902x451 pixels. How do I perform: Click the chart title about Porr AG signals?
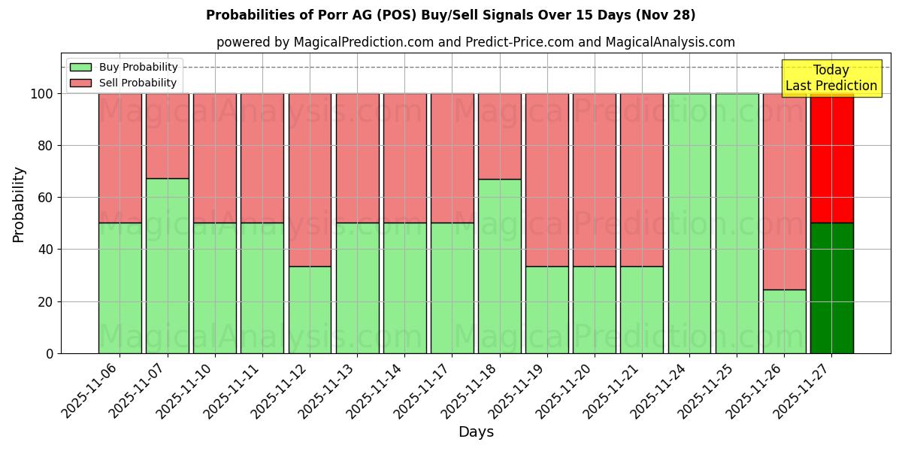coord(450,15)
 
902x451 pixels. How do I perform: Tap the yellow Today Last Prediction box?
coord(831,78)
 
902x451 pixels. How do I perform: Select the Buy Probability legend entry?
coord(124,67)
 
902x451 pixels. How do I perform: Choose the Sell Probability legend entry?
coord(124,83)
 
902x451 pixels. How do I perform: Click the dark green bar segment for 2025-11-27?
coord(831,288)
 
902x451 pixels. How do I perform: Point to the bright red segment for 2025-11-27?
coord(831,158)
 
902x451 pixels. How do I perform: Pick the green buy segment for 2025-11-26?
coord(784,321)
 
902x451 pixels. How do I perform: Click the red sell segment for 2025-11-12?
coord(310,180)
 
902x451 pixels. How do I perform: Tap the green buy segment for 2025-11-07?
coord(167,265)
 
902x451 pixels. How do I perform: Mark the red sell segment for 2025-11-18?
coord(499,136)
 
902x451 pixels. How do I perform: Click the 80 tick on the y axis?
coord(47,146)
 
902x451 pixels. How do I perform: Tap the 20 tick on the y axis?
coord(47,301)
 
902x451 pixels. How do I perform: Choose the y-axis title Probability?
coord(19,204)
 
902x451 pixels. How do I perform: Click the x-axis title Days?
coord(476,432)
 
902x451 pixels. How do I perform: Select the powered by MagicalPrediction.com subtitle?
coord(475,42)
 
